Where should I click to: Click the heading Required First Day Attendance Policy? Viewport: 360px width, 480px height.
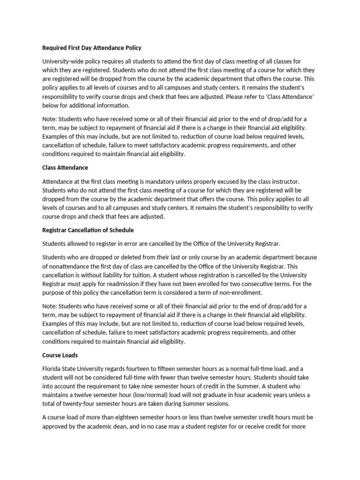(92, 48)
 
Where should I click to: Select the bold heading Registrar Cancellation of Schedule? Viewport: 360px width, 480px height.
(88, 230)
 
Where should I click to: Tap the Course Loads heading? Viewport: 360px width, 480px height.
(60, 355)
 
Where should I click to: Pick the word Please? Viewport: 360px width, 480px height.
(234, 97)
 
